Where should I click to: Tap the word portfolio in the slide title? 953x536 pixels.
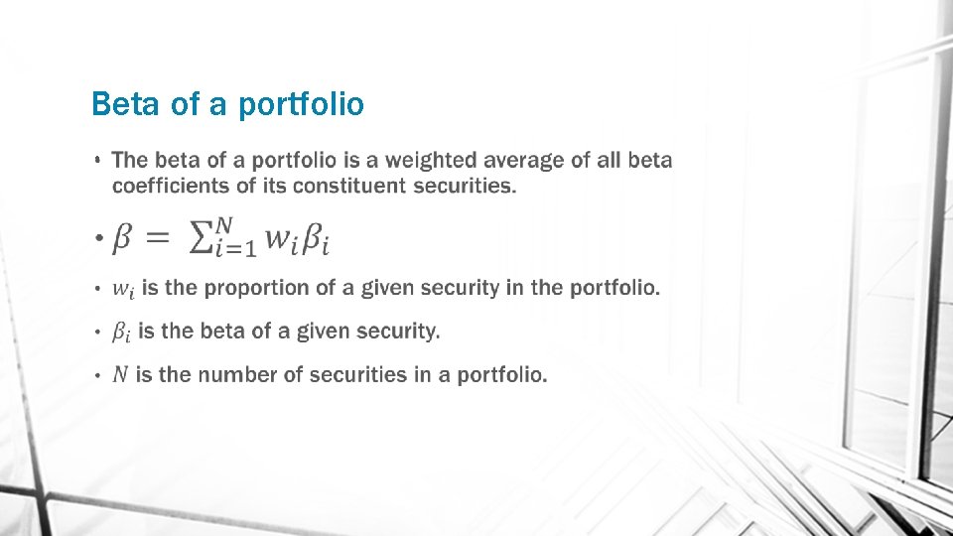click(x=302, y=104)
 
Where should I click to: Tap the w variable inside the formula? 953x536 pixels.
click(x=281, y=238)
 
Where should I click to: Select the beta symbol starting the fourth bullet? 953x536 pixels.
click(x=120, y=333)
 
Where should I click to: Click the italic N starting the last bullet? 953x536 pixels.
click(x=120, y=375)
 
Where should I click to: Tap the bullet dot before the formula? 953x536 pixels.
click(x=98, y=238)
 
